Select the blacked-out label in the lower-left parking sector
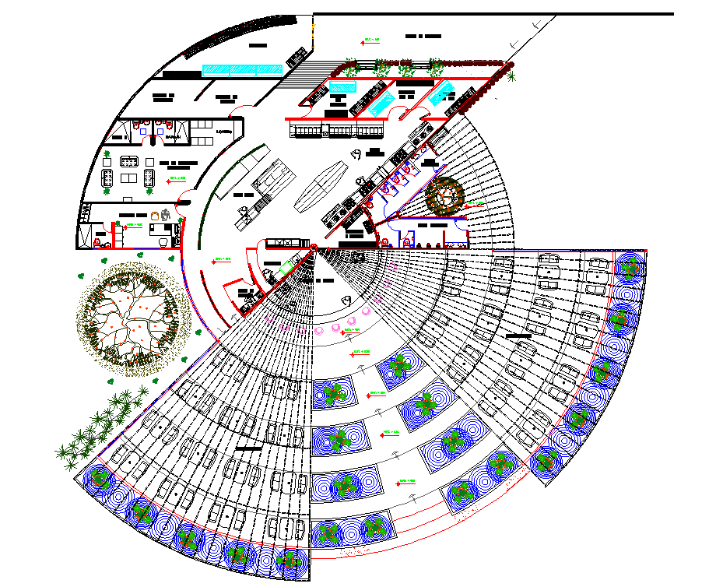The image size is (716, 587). (249, 449)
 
